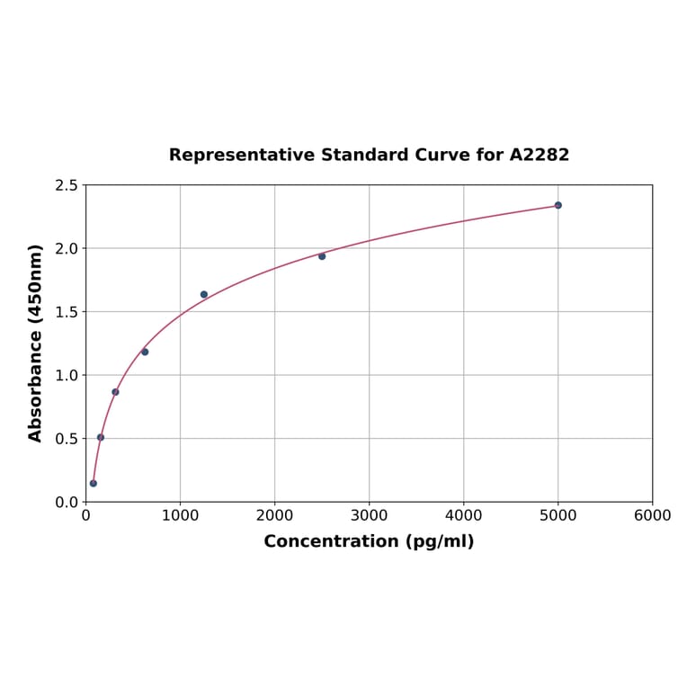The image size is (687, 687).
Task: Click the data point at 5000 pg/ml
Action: click(x=558, y=205)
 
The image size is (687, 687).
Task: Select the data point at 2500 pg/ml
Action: click(x=322, y=256)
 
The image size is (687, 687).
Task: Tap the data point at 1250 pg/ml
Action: click(x=204, y=294)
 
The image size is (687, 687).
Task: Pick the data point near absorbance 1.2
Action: click(x=145, y=352)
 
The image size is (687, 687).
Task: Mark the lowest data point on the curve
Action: click(x=94, y=483)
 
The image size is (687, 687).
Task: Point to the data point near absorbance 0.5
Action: click(x=101, y=437)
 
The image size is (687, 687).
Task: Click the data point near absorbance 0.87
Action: click(x=115, y=392)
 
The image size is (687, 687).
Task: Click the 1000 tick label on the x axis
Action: click(x=180, y=515)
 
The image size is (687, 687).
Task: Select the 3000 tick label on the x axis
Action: click(x=369, y=515)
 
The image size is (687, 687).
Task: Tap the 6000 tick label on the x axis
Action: click(x=652, y=515)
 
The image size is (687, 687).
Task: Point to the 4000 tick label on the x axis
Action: click(x=463, y=515)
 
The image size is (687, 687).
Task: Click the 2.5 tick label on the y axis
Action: click(x=67, y=185)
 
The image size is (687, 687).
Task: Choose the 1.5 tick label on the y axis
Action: click(x=67, y=312)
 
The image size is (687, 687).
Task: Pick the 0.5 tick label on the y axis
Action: click(x=67, y=439)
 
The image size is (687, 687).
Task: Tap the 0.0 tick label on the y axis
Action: click(x=67, y=502)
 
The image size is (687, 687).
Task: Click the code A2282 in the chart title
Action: click(x=539, y=155)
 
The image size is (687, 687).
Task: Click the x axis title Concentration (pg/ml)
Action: click(x=369, y=541)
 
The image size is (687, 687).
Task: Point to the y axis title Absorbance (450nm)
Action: click(x=36, y=343)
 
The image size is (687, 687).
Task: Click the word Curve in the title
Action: click(x=442, y=155)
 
